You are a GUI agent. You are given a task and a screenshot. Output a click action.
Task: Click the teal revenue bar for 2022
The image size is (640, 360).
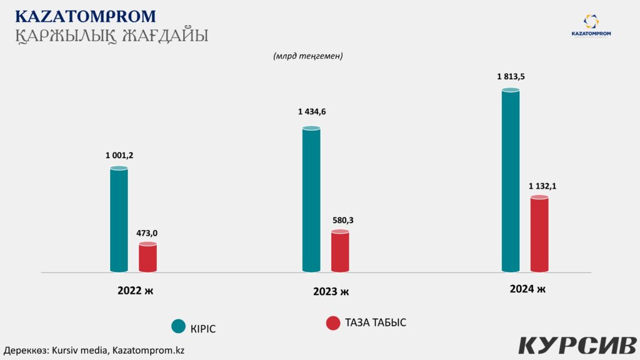tap(119, 220)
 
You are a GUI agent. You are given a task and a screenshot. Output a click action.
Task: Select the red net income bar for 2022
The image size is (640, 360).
tap(147, 257)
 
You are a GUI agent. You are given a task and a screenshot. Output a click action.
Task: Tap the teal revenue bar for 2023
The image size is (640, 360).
tap(311, 199)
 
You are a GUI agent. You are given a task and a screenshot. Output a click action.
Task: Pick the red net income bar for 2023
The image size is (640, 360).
tap(340, 251)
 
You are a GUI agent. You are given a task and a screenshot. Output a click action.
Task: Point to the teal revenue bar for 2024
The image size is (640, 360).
tap(511, 181)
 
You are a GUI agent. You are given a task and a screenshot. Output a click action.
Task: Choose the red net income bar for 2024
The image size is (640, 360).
tap(539, 234)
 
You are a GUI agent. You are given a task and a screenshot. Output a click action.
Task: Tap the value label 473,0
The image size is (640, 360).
tap(147, 233)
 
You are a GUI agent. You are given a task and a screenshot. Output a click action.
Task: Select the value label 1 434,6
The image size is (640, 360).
tap(312, 112)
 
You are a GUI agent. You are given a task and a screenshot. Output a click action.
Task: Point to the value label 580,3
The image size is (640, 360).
tap(341, 220)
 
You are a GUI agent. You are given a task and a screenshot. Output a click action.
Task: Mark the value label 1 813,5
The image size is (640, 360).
tap(511, 76)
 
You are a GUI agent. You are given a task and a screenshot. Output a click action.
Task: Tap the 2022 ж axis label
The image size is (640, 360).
tap(135, 291)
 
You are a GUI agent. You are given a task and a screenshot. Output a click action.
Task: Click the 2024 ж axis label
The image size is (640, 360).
tap(527, 289)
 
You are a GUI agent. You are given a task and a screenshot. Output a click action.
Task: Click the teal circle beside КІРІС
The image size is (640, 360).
tap(179, 326)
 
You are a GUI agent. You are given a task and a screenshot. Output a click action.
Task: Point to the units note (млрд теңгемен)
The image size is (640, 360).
tap(308, 56)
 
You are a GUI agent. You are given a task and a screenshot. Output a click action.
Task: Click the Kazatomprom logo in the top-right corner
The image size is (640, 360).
tap(591, 26)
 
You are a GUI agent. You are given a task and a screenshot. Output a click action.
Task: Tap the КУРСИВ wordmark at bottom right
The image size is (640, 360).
tap(577, 344)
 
